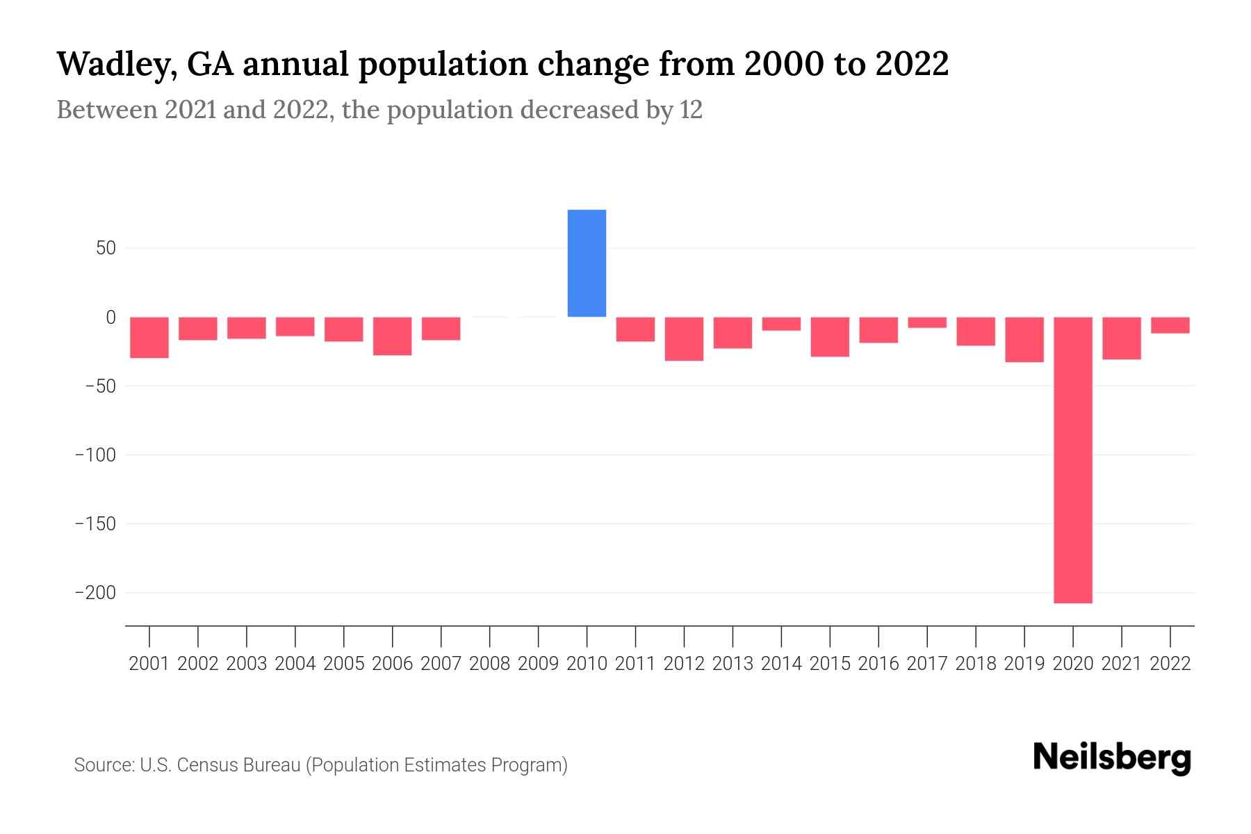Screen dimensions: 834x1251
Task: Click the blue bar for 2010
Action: click(587, 263)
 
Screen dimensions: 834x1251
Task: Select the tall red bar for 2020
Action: click(1072, 459)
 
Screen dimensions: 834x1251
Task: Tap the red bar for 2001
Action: click(149, 337)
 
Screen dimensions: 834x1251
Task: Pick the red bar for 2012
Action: click(684, 338)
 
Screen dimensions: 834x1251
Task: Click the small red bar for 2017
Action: click(927, 322)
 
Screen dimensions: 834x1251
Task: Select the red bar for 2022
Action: click(1170, 325)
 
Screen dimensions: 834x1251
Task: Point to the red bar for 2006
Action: click(393, 336)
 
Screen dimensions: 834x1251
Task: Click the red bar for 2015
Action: click(830, 336)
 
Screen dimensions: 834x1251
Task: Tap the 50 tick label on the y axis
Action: click(106, 248)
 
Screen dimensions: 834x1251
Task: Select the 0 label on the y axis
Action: click(111, 318)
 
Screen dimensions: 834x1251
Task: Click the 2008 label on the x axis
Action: click(490, 664)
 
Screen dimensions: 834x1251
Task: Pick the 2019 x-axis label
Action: click(1024, 664)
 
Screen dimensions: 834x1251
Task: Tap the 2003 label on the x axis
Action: click(247, 664)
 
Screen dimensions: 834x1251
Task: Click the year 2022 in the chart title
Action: click(912, 64)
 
